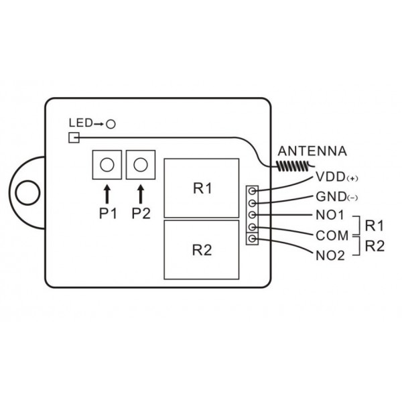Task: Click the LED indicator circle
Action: [x=111, y=124]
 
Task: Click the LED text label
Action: [x=80, y=124]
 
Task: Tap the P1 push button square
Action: [x=106, y=163]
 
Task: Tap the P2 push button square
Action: [x=140, y=163]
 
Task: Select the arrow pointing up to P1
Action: [x=106, y=194]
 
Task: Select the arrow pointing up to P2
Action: [x=140, y=194]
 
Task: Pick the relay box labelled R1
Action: [x=202, y=188]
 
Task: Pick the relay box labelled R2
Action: [x=202, y=250]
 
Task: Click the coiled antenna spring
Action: [x=292, y=164]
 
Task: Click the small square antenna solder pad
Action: [x=74, y=138]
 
